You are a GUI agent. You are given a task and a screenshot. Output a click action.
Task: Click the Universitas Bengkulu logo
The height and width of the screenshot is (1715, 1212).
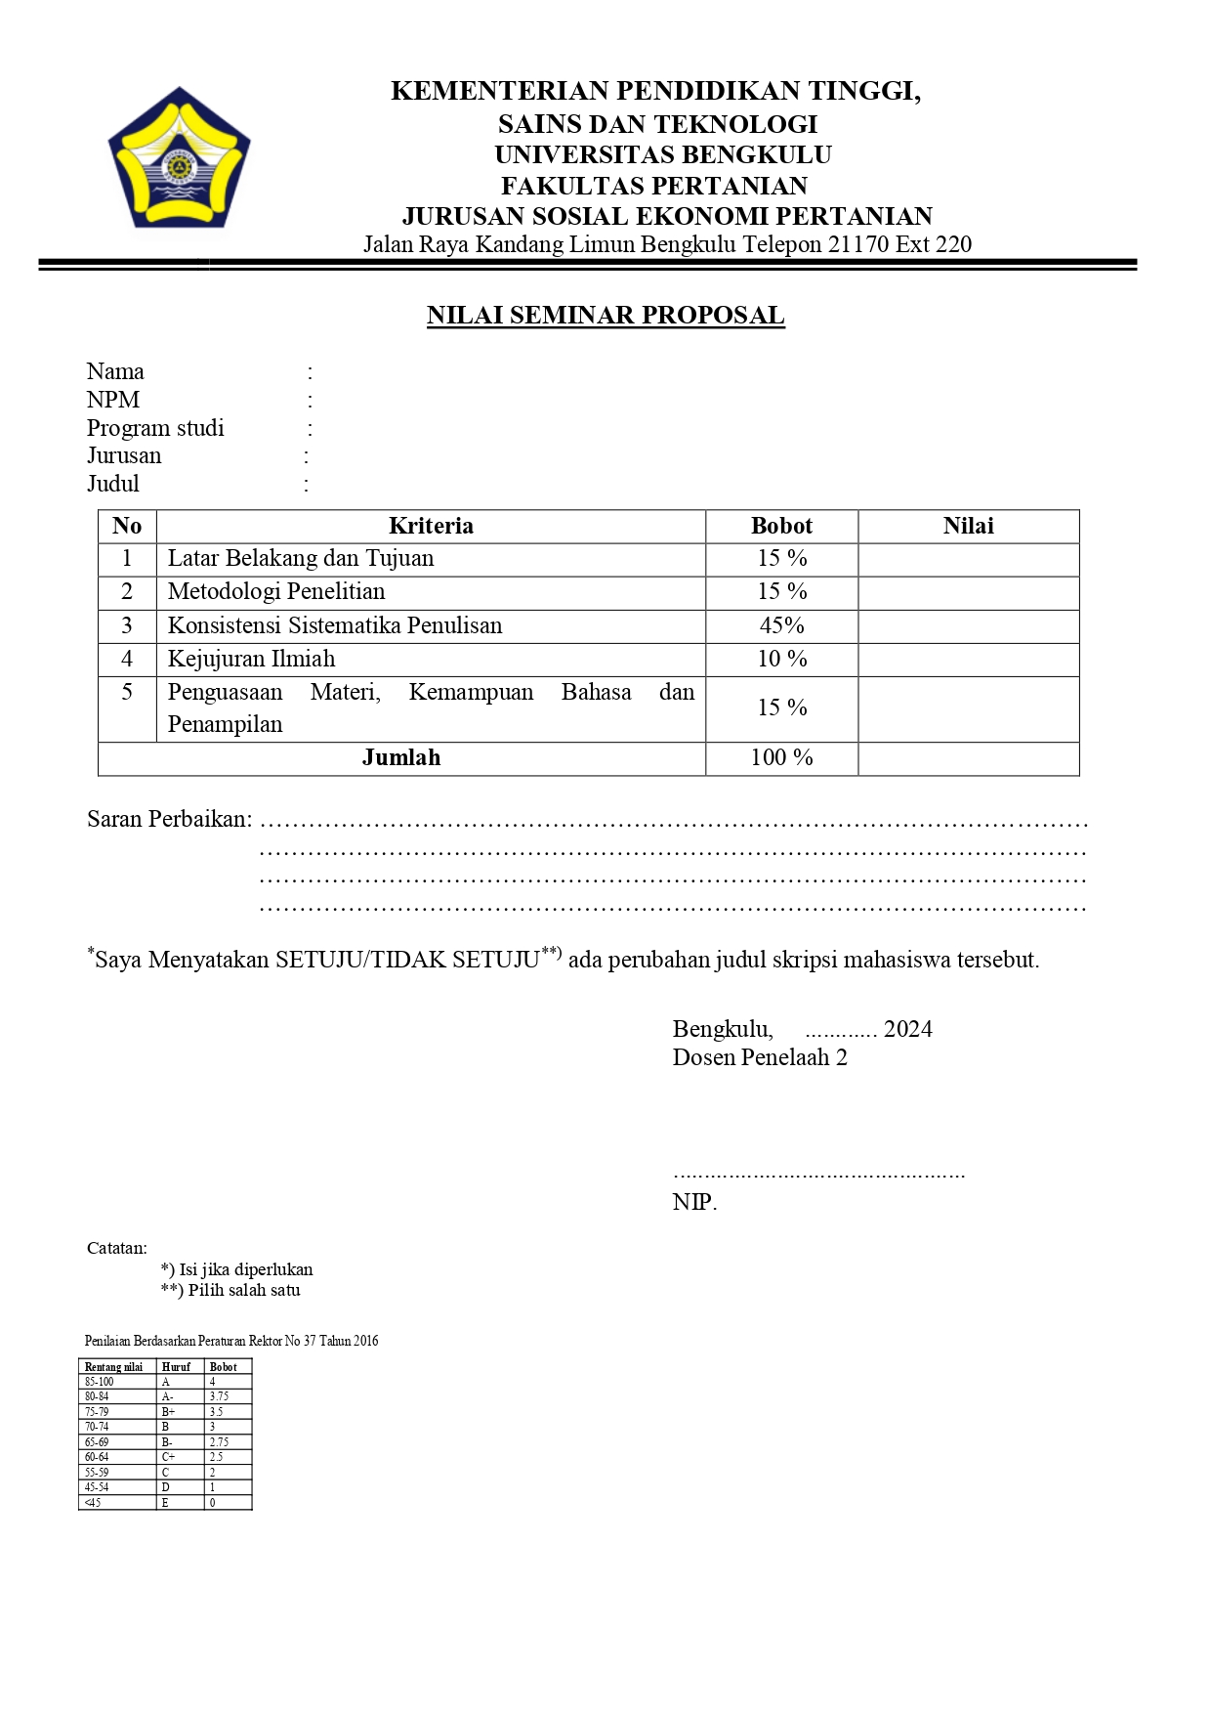[x=179, y=158]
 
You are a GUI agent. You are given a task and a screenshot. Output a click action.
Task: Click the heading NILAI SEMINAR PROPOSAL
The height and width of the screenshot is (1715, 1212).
[x=606, y=315]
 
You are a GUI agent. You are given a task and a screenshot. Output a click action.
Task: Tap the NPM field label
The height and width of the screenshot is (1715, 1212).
[x=113, y=400]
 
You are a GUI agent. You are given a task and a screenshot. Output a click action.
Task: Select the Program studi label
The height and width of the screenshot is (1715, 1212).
[x=155, y=428]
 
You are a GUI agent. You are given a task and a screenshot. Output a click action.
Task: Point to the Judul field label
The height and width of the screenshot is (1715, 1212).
[x=113, y=484]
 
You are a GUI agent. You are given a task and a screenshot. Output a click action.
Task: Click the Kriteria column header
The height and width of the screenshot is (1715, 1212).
[x=431, y=526]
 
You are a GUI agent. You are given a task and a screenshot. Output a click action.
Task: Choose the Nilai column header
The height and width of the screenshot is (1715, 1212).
[x=968, y=526]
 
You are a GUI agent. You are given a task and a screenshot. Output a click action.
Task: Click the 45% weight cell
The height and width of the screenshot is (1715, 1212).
[x=781, y=625]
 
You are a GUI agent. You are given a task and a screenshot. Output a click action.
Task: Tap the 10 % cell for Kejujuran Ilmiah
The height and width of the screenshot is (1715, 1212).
[x=781, y=659]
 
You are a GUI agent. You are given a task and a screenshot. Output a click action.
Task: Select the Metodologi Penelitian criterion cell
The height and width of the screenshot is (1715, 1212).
[x=276, y=591]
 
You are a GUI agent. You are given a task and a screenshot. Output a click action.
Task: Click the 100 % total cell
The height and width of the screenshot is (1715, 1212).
[x=781, y=757]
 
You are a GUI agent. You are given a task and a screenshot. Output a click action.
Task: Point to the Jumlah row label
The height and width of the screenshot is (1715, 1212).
[x=401, y=757]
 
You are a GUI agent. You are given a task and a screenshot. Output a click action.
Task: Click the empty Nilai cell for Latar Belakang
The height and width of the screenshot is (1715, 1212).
[x=968, y=559]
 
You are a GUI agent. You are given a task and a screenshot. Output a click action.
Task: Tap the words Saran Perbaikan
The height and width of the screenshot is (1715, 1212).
[x=168, y=819]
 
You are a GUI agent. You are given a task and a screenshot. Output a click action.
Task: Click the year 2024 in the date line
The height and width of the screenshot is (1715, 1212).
[x=907, y=1029]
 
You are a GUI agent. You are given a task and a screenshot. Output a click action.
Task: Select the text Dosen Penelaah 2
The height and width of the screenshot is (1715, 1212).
[x=760, y=1057]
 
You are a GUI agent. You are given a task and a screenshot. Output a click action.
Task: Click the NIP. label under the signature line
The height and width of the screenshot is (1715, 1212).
[x=694, y=1202]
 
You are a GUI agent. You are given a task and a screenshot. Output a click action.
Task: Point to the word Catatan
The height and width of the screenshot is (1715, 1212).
[x=116, y=1248]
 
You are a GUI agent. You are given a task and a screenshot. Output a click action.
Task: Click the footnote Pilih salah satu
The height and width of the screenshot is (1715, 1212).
[x=243, y=1290]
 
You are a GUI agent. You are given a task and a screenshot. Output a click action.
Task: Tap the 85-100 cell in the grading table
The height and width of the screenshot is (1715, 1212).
[x=100, y=1382]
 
